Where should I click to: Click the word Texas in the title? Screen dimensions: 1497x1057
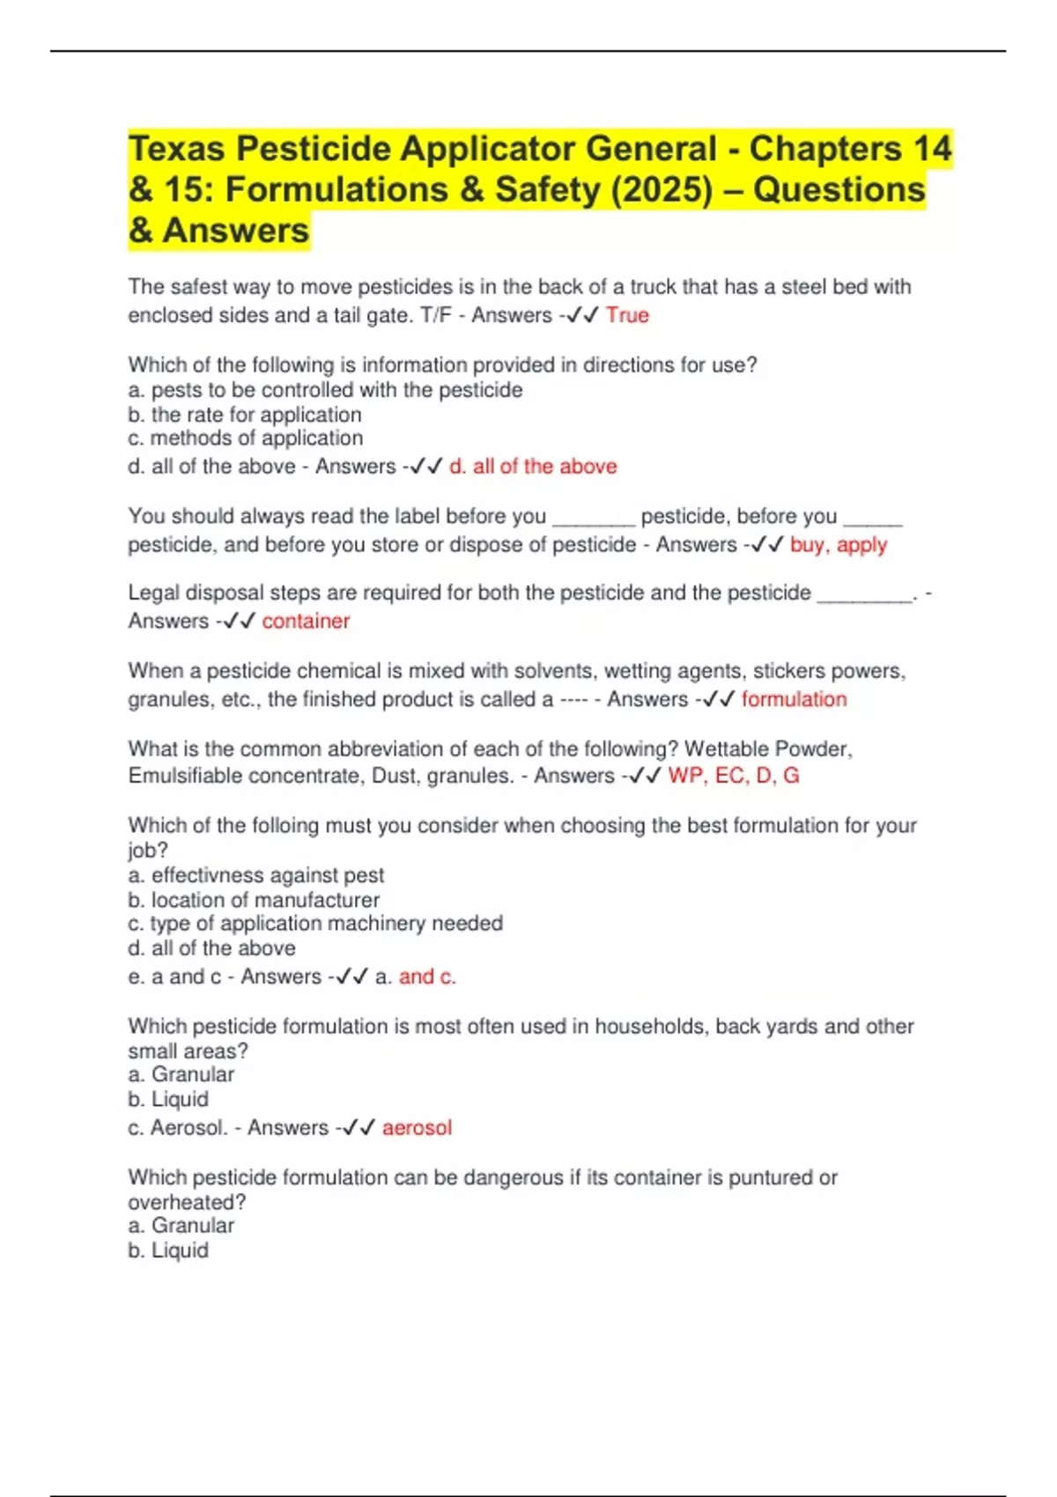point(176,149)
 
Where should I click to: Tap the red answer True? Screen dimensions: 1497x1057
point(627,315)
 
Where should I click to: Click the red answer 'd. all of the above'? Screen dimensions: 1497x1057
point(533,467)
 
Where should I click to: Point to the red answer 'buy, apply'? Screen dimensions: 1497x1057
point(839,544)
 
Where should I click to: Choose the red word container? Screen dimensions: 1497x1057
point(306,621)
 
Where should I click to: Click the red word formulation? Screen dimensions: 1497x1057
point(794,699)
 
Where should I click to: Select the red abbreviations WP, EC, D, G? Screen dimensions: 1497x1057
point(734,776)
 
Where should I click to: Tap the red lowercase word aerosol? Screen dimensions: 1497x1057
point(417,1128)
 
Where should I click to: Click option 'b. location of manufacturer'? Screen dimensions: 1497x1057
point(254,900)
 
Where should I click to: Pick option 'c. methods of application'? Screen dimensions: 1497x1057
point(245,438)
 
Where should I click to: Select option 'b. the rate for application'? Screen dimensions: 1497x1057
point(244,415)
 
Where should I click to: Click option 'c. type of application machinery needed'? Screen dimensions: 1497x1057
point(315,923)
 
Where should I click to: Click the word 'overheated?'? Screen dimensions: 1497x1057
point(187,1202)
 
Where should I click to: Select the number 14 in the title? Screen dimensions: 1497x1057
point(931,149)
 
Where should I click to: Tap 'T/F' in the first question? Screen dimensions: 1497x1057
point(436,315)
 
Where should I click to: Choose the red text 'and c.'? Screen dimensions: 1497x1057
point(427,977)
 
